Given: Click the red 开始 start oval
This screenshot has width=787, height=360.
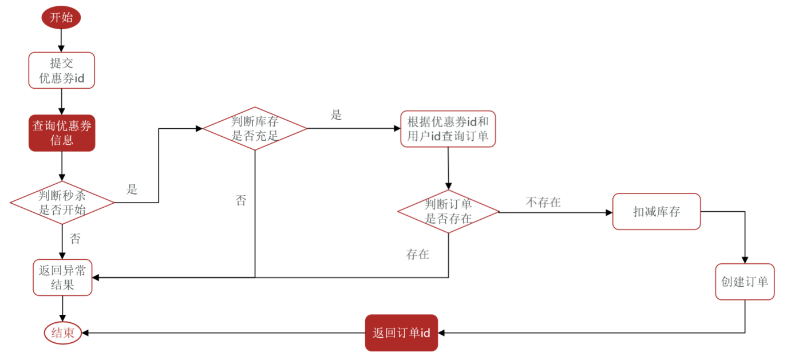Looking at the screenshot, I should pos(61,18).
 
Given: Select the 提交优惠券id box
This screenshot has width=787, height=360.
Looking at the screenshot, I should pos(61,70).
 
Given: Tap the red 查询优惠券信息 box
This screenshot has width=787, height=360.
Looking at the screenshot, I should pos(62,133).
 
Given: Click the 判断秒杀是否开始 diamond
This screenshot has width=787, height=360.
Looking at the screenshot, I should pos(62,202).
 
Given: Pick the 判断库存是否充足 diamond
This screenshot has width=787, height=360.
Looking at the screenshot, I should pos(255,128).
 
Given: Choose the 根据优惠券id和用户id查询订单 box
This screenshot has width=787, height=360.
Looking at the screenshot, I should pos(448,129).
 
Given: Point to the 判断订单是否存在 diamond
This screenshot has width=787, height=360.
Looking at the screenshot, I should pos(448,211).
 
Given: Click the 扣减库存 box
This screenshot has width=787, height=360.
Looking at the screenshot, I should pos(657,212).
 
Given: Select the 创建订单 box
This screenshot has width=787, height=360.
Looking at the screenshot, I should pos(745,282).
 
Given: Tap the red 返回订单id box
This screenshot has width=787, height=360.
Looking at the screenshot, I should pos(401,333).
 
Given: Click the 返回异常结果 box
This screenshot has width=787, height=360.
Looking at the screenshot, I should pos(62,278).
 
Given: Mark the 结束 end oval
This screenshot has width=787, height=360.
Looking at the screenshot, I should pos(62,333).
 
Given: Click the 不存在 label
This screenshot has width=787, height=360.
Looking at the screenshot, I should pos(543,202).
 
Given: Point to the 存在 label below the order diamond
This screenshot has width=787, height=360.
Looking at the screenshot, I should pos(417,255).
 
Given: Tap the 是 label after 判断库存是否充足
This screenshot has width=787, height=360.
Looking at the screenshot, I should pos(336,115).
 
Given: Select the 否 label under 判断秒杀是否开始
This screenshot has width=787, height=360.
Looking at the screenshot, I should pos(75,239).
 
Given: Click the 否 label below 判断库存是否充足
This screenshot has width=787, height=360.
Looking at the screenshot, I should pos(241,200).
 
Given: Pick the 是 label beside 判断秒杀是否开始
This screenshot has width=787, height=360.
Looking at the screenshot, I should pos(132,189).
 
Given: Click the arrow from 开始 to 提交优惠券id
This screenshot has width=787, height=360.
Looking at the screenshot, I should pos(61,40).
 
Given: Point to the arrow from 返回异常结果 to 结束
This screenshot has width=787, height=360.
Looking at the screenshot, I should pos(62,308).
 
